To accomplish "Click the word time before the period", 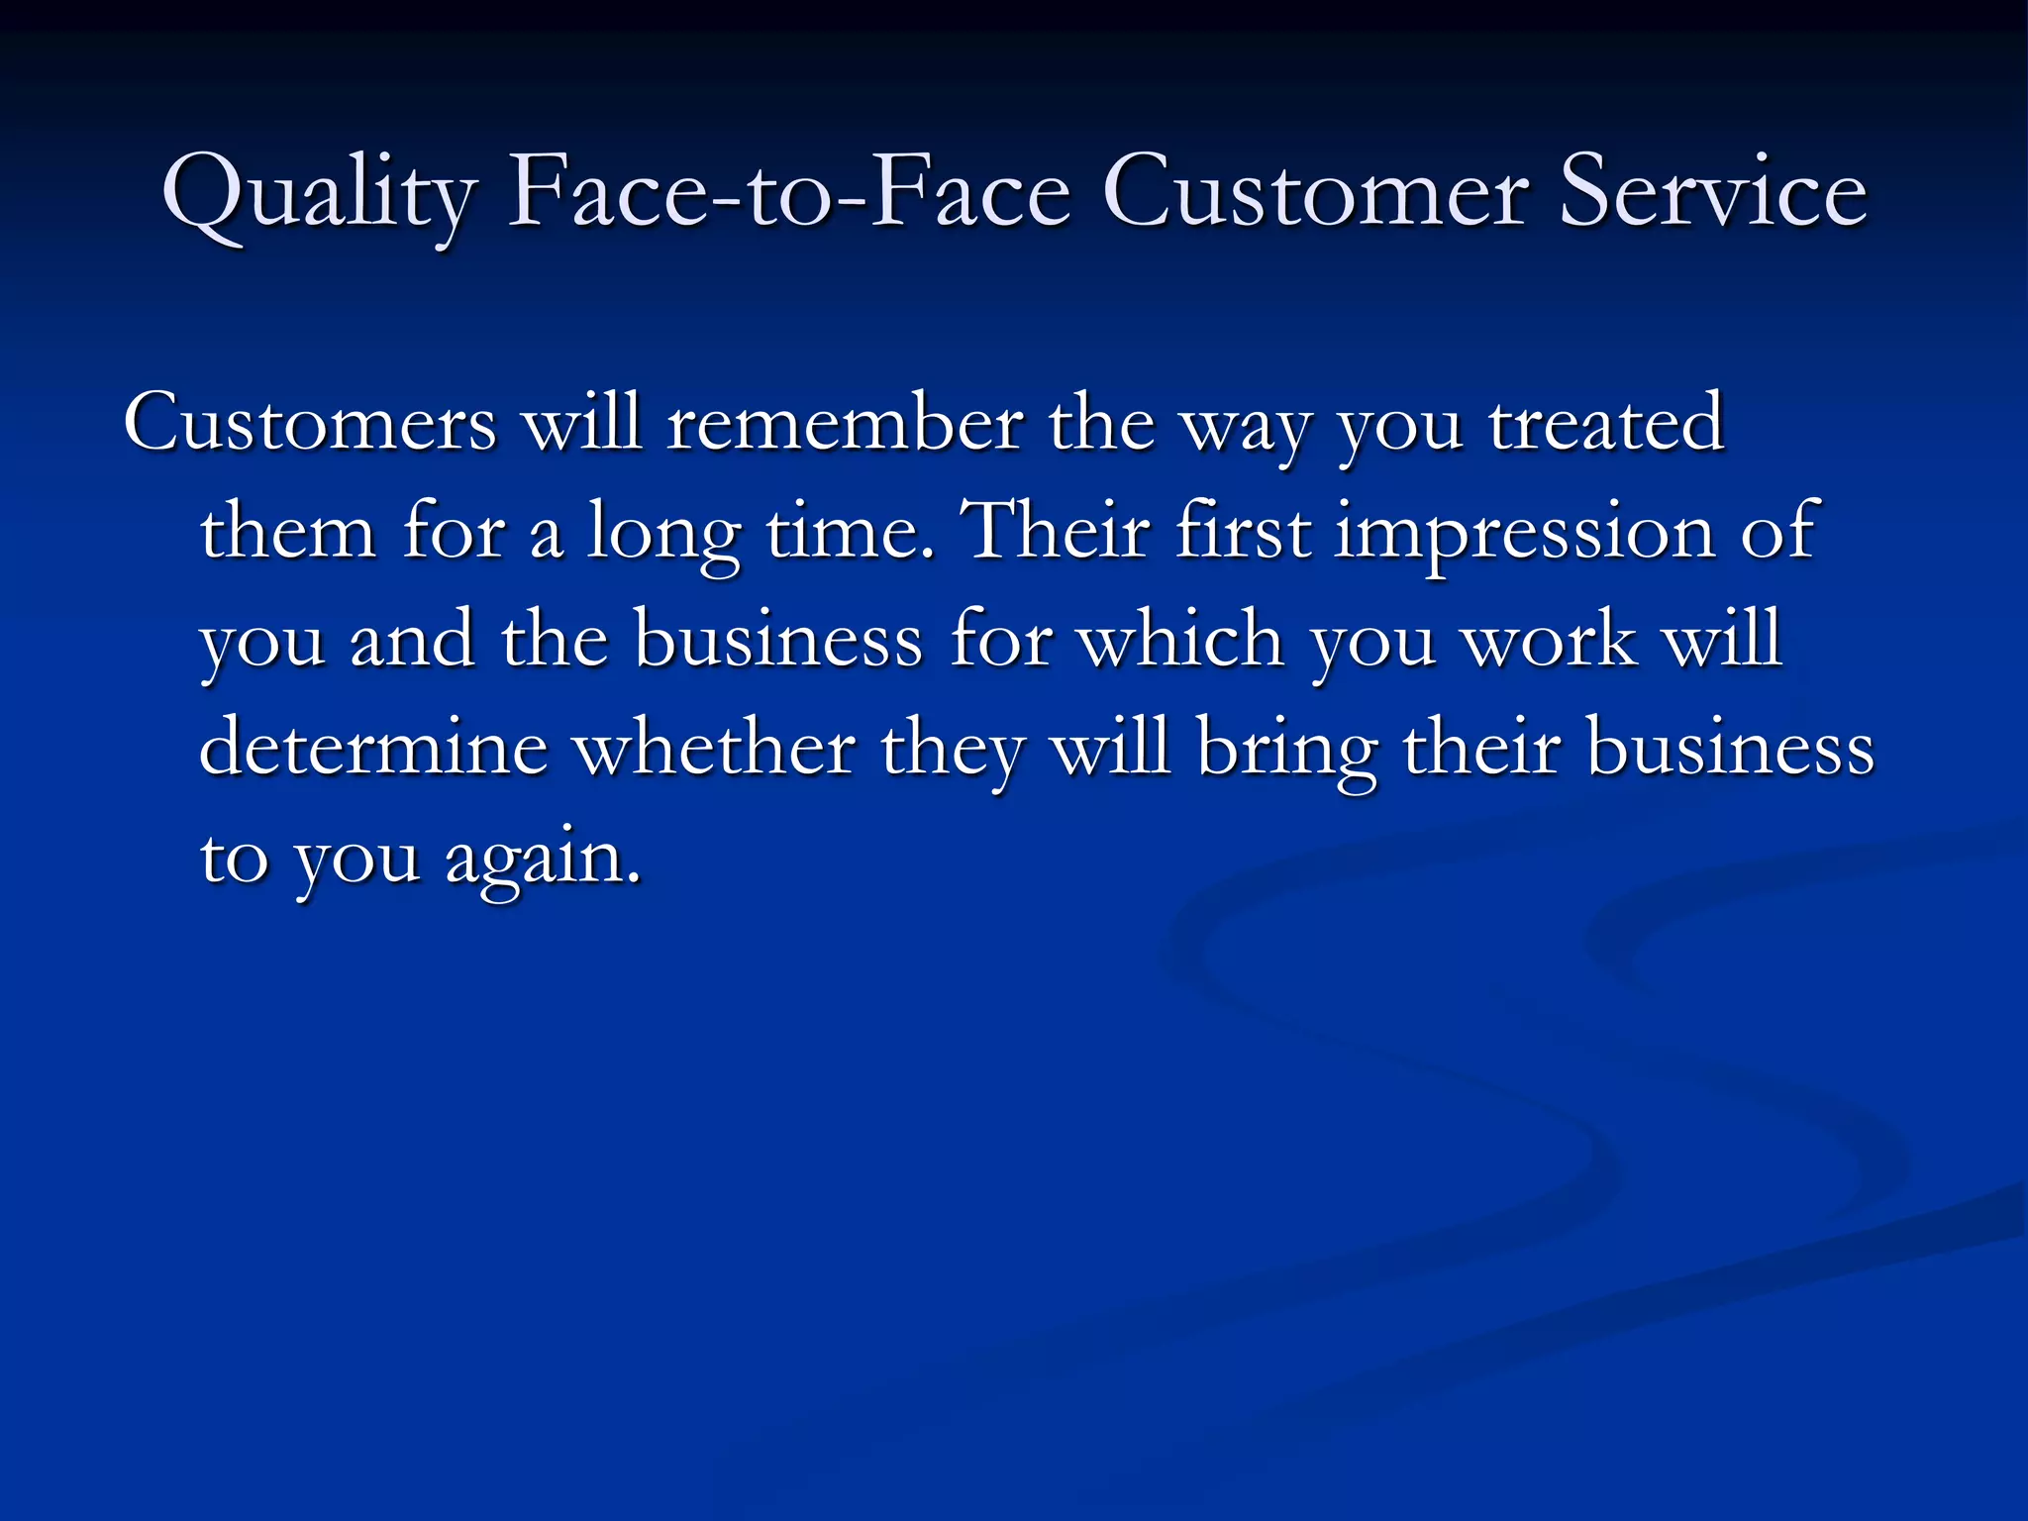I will tap(843, 531).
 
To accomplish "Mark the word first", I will tap(1244, 531).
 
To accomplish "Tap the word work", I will tap(1549, 639).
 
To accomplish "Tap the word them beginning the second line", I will tap(287, 531).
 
